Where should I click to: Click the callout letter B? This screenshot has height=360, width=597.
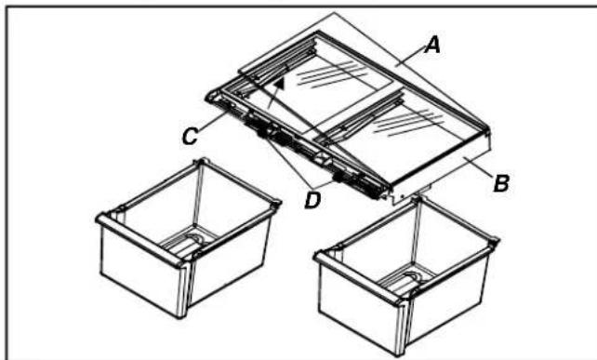click(500, 182)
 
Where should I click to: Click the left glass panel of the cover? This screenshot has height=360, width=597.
click(335, 79)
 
